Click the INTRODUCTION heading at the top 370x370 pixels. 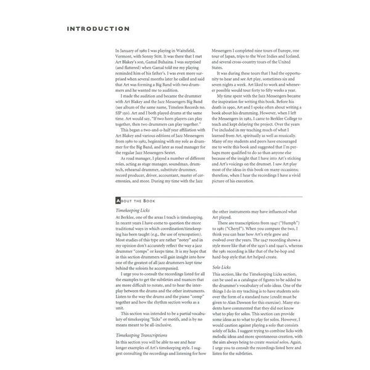coord(98,28)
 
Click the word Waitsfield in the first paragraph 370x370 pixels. coord(190,48)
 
